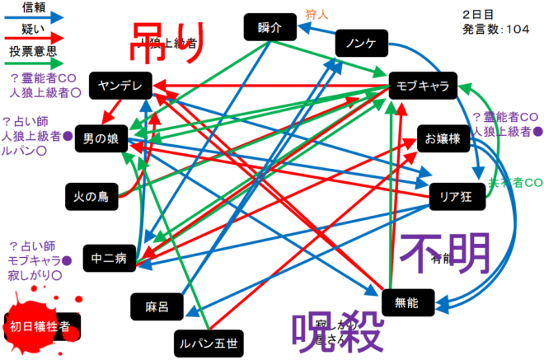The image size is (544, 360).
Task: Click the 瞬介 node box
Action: pos(269,27)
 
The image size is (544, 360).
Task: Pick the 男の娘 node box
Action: pos(101,139)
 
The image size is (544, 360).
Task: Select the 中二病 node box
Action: pos(109,258)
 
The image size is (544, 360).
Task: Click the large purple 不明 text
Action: pos(445,255)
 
